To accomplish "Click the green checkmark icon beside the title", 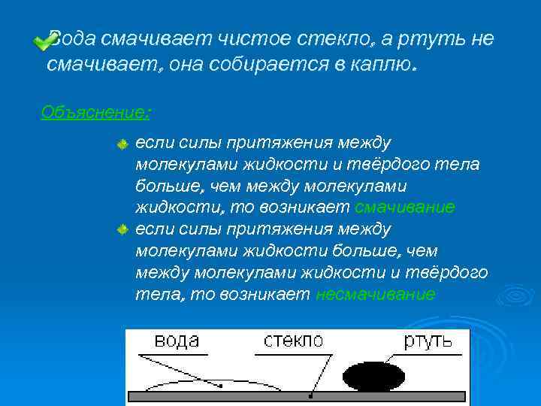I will pos(42,44).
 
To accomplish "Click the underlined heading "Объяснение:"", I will pos(95,112).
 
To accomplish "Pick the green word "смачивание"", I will pos(404,207).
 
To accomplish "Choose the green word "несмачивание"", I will pos(375,294).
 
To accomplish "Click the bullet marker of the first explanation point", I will pos(123,143).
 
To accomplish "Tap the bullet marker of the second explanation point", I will pos(123,229).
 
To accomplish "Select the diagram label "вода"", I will pos(176,341).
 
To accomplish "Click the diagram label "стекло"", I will pos(292,341).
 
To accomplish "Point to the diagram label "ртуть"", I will pos(428,341).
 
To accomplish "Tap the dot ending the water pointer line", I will pos(221,386).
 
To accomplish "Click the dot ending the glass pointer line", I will pos(310,394).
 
